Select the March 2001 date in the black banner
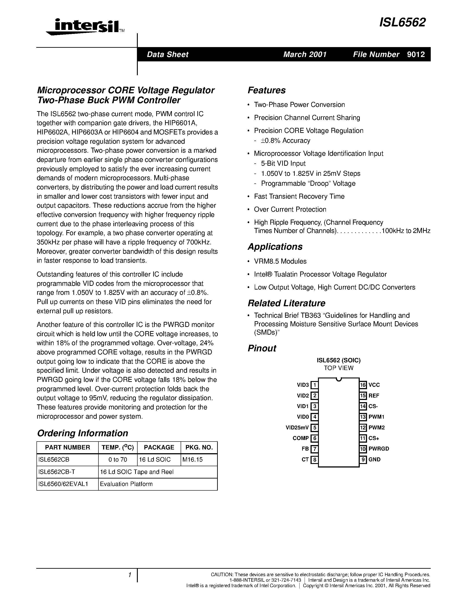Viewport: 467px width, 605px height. coord(305,54)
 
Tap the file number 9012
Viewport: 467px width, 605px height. coord(416,54)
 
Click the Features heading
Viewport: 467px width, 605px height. coord(266,90)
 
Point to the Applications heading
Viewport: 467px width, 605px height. coord(275,247)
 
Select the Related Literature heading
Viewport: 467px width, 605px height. coord(286,303)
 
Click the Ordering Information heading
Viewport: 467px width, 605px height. coord(82,433)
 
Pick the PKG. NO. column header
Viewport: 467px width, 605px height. coord(199,447)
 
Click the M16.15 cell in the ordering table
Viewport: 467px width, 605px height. coord(193,460)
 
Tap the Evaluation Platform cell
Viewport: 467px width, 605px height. coord(126,484)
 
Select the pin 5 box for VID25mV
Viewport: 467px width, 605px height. coord(314,427)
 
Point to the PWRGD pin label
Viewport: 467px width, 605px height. coord(379,449)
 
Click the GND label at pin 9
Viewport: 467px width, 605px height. coord(375,459)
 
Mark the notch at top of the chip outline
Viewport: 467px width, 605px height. coord(339,379)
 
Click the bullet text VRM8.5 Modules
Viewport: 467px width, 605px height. coord(280,261)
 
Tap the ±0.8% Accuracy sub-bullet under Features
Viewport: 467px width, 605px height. coord(285,140)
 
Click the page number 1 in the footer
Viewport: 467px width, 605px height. coord(129,575)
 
